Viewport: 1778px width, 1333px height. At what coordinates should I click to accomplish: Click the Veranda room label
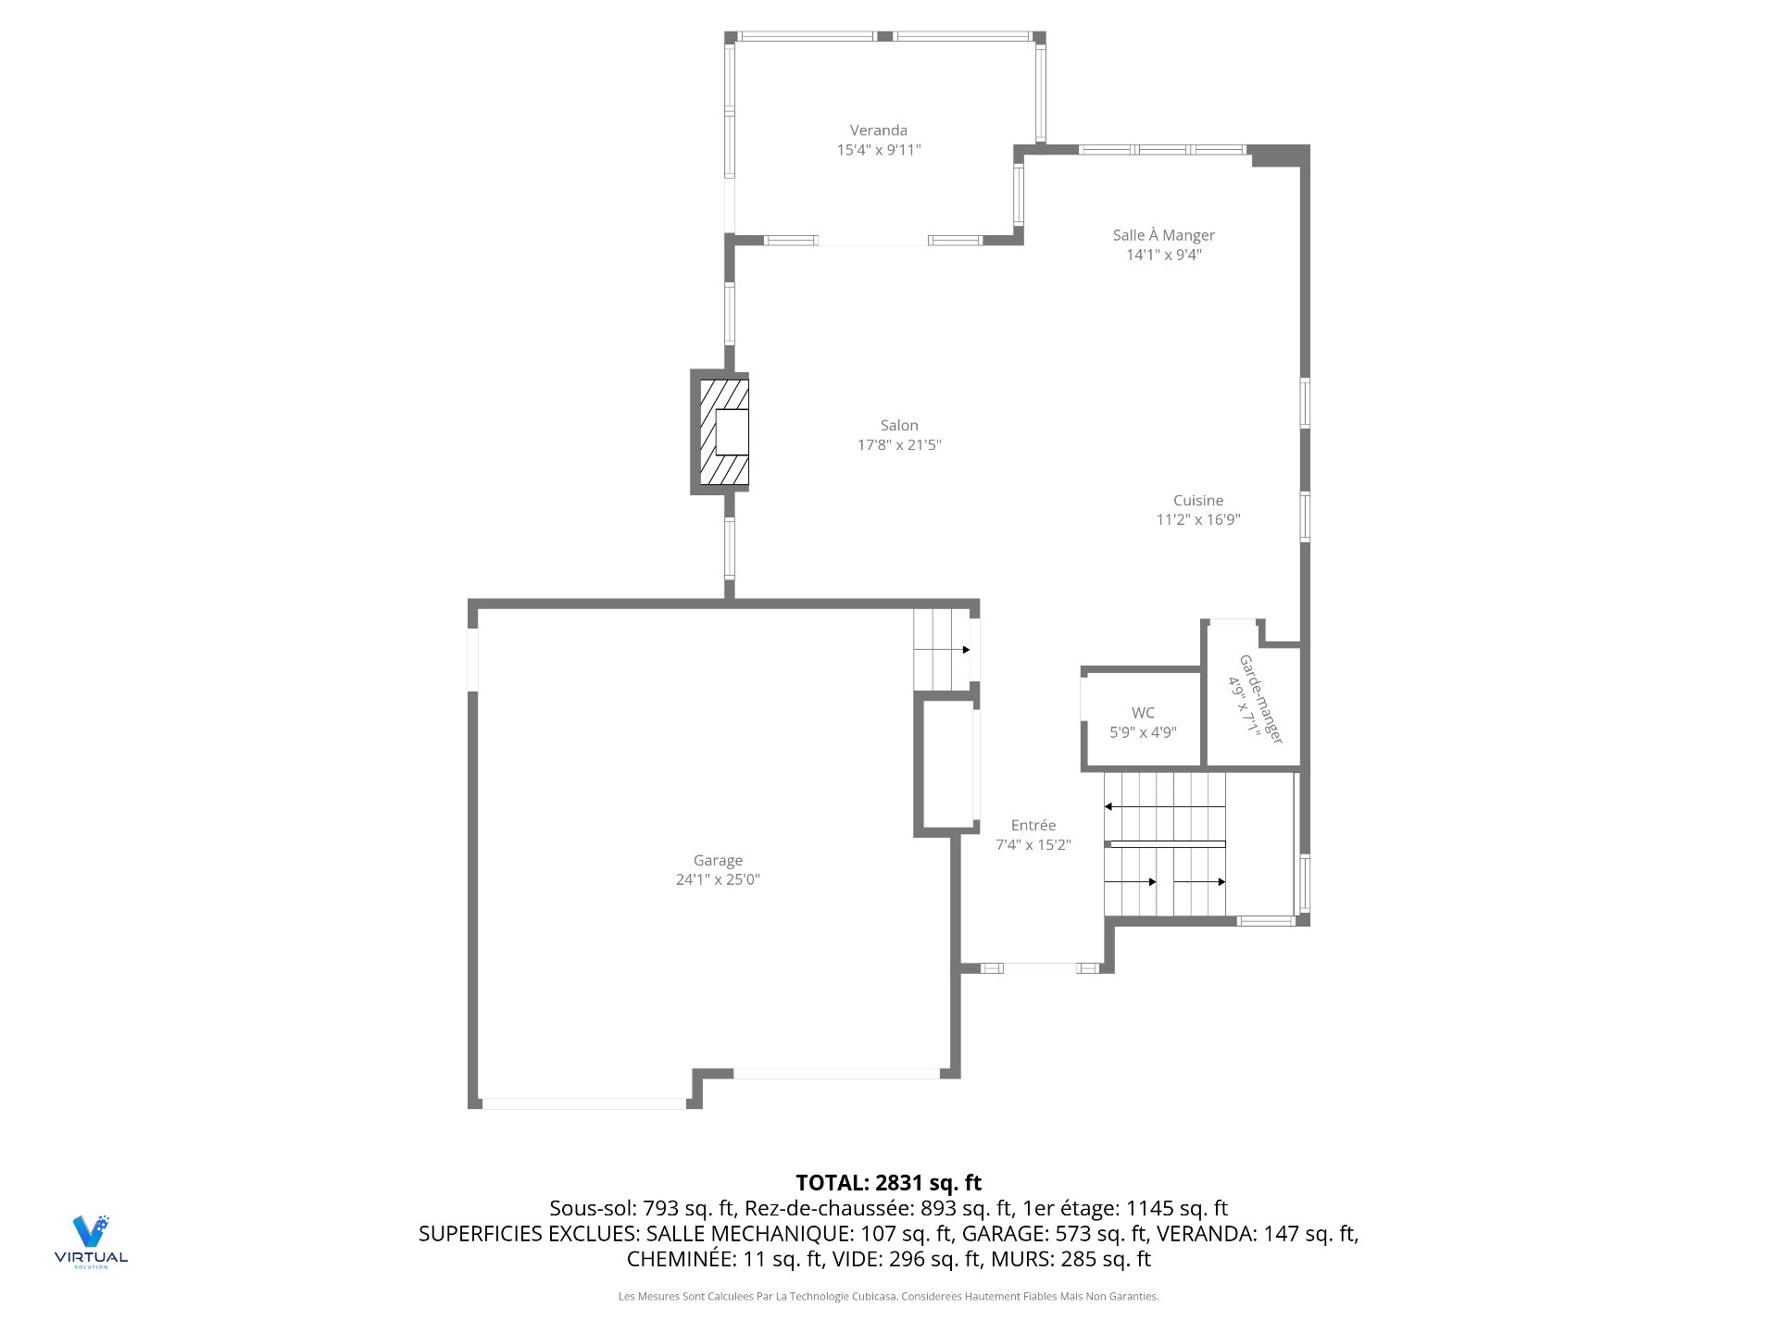point(878,131)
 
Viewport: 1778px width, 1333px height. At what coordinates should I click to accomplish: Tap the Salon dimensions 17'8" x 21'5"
point(898,445)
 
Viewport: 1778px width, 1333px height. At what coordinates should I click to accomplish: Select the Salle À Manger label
point(1163,235)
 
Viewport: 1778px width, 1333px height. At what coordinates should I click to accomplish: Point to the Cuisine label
point(1197,501)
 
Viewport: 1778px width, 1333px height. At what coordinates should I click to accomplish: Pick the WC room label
point(1143,713)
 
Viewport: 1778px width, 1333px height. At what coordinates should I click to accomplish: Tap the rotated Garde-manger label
point(1260,699)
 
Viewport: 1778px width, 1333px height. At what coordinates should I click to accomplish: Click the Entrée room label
point(1033,825)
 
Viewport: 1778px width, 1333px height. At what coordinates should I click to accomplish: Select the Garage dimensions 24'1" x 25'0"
point(717,880)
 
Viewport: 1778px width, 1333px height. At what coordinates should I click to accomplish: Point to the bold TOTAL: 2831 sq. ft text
point(888,1182)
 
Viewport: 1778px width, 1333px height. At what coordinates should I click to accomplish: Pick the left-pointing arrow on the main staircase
point(1109,807)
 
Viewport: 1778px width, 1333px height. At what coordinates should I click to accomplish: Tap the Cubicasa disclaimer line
point(888,1297)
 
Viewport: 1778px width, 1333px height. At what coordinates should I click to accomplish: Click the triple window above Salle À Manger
point(1162,150)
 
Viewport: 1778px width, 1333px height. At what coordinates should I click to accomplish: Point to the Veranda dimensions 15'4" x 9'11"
point(878,150)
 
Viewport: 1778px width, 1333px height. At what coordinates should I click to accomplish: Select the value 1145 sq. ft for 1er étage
point(1176,1208)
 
